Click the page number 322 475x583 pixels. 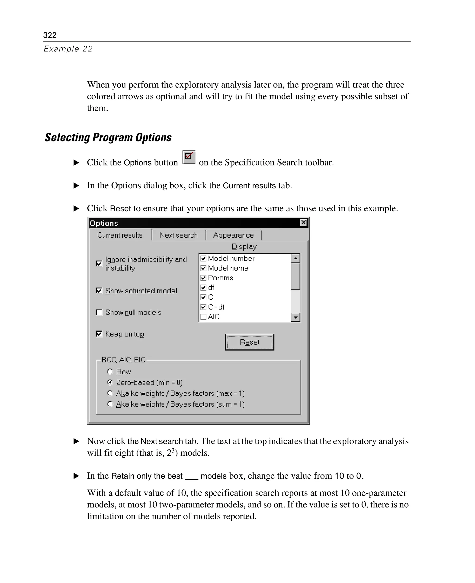pyautogui.click(x=50, y=35)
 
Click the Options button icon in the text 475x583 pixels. pyautogui.click(x=189, y=157)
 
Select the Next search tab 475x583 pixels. pyautogui.click(x=178, y=235)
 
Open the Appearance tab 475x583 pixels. pyautogui.click(x=233, y=235)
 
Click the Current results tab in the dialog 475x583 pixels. pyautogui.click(x=120, y=235)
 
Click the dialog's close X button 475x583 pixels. pyautogui.click(x=303, y=223)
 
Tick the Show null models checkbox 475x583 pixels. pyautogui.click(x=99, y=312)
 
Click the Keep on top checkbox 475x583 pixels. pyautogui.click(x=99, y=334)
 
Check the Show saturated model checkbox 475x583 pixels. pyautogui.click(x=99, y=291)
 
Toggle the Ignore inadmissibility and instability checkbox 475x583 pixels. pyautogui.click(x=99, y=263)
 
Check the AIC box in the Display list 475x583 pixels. pyautogui.click(x=203, y=317)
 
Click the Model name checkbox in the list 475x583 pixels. pyautogui.click(x=203, y=268)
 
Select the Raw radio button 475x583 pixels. pyautogui.click(x=110, y=372)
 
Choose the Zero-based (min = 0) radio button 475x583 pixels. pyautogui.click(x=110, y=382)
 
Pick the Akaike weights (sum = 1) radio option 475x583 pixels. pyautogui.click(x=110, y=404)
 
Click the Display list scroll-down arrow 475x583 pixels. pyautogui.click(x=295, y=317)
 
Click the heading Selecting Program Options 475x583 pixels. pyautogui.click(x=108, y=137)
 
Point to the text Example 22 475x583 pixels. pyautogui.click(x=68, y=49)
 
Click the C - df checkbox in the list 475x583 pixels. pyautogui.click(x=203, y=307)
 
